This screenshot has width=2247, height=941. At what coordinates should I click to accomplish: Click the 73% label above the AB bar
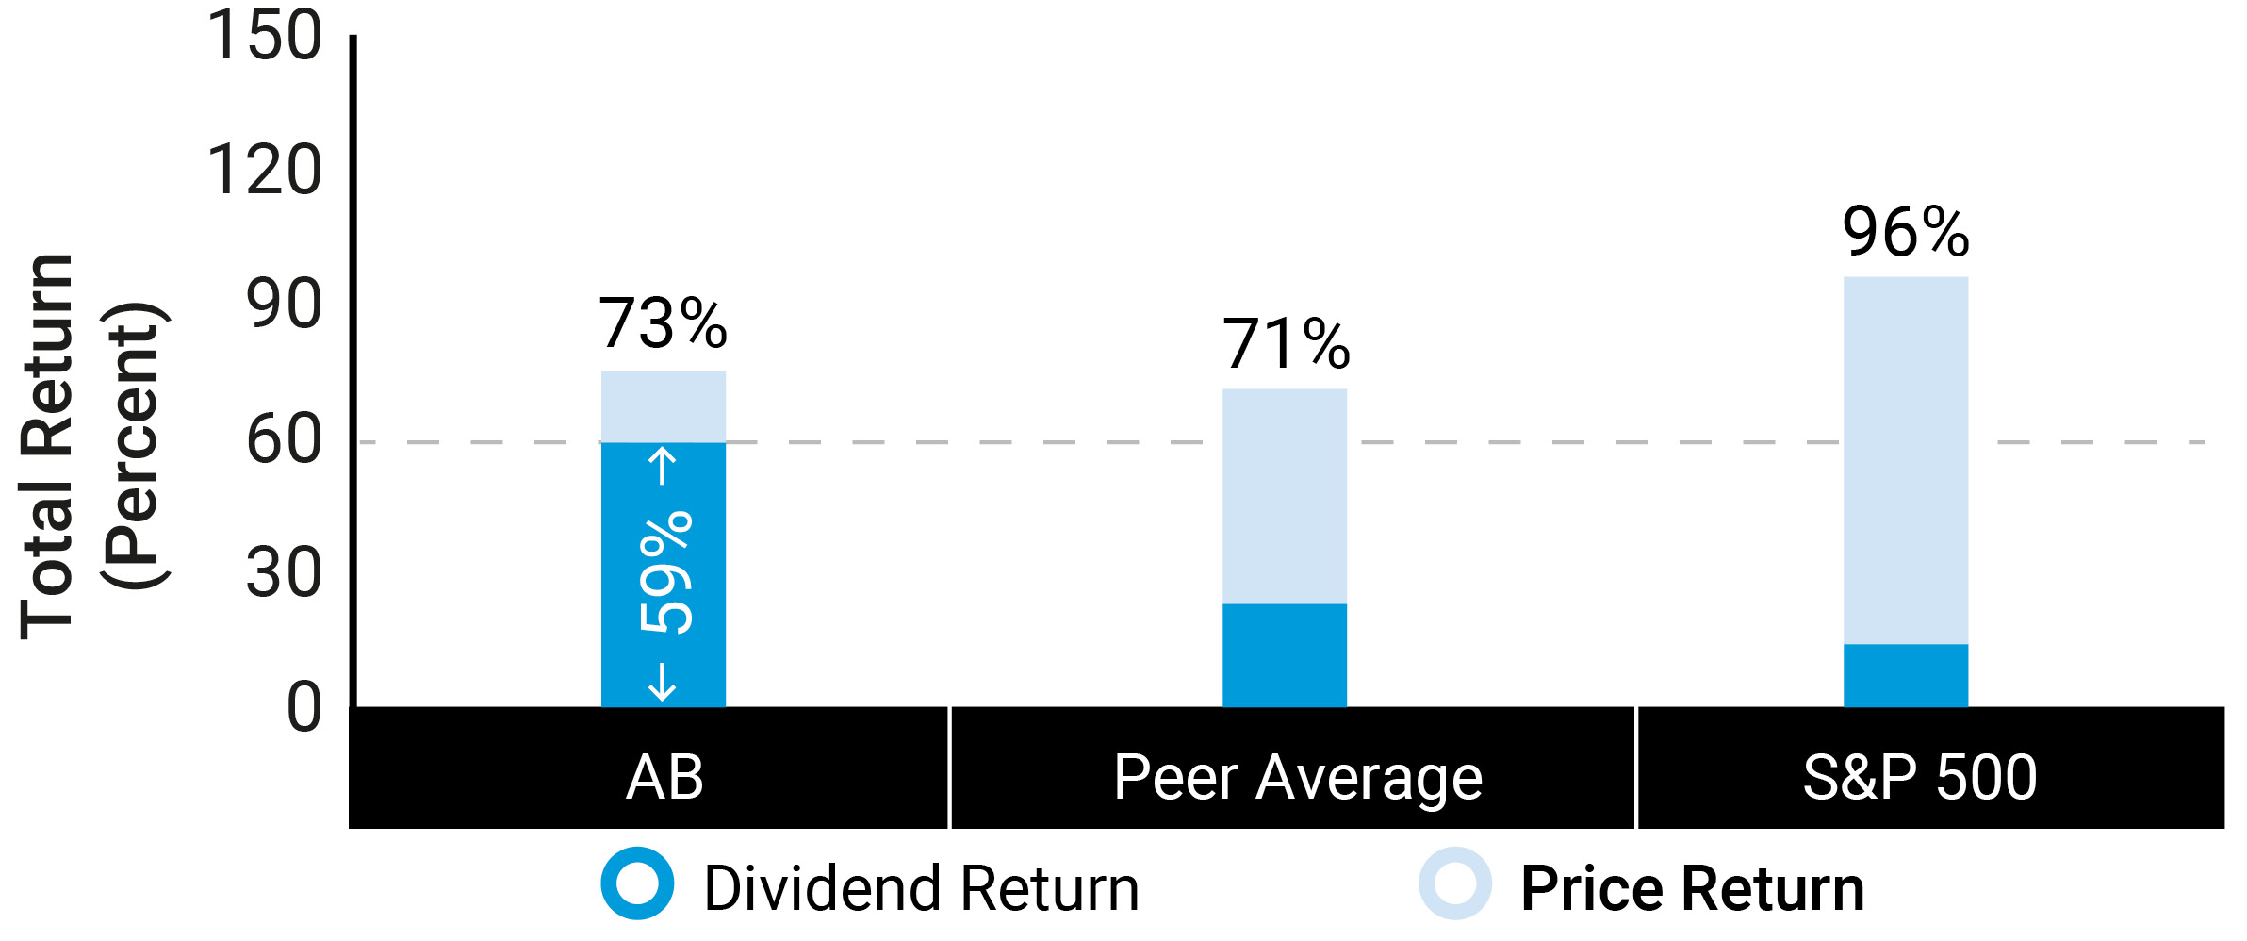(x=663, y=323)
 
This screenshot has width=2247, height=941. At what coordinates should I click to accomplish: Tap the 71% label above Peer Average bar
(x=1286, y=344)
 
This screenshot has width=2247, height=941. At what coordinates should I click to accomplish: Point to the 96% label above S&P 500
(x=1905, y=233)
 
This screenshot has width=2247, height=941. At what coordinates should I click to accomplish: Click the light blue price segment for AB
(x=663, y=406)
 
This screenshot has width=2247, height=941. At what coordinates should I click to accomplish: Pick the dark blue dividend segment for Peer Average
(x=1284, y=654)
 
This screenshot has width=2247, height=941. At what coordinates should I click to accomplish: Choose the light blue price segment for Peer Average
(x=1284, y=496)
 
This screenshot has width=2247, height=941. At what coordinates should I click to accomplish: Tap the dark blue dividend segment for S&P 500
(x=1905, y=675)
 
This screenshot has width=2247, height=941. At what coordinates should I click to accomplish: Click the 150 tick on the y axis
(x=264, y=36)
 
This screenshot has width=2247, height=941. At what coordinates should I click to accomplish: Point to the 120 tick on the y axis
(x=264, y=171)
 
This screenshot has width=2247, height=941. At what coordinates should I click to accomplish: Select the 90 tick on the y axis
(x=283, y=305)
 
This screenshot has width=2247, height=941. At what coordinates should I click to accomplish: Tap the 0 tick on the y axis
(x=303, y=708)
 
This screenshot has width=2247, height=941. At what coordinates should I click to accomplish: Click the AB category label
(x=664, y=777)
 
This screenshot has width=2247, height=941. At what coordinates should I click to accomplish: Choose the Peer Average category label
(x=1297, y=779)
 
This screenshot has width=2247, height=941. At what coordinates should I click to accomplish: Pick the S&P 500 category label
(x=1919, y=777)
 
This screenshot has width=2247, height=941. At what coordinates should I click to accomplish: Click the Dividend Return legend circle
(x=637, y=883)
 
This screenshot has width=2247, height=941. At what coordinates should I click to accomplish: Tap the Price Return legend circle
(x=1454, y=883)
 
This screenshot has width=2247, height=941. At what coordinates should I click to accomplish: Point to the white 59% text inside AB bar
(x=665, y=571)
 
